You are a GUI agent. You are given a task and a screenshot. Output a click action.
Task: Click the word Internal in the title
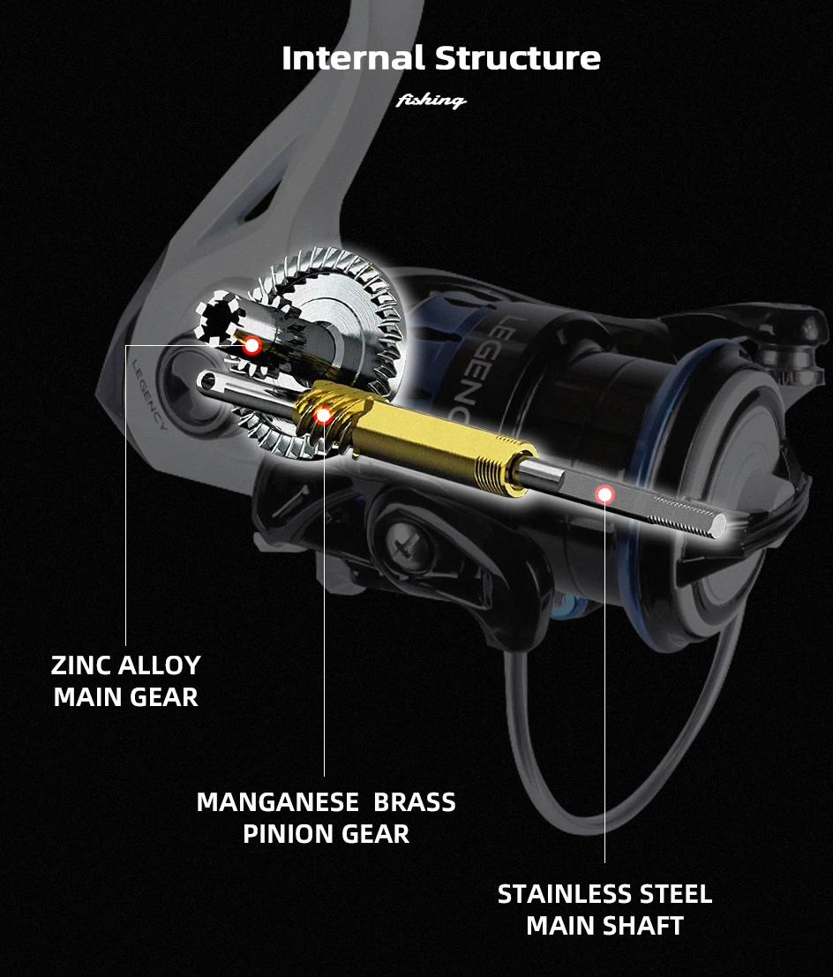354,58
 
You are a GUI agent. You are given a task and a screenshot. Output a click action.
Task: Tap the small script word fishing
432,101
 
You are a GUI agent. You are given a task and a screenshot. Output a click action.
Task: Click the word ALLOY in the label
163,665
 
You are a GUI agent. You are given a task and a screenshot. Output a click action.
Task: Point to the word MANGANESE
277,802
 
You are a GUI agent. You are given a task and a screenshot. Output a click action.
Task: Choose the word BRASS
415,802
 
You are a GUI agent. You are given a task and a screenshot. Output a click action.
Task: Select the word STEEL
675,894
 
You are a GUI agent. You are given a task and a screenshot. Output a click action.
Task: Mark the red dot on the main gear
251,346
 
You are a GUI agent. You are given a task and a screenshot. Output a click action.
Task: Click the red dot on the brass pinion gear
324,414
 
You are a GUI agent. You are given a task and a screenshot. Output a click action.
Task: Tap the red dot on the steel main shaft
604,494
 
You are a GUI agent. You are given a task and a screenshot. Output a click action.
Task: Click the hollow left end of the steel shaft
206,381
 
